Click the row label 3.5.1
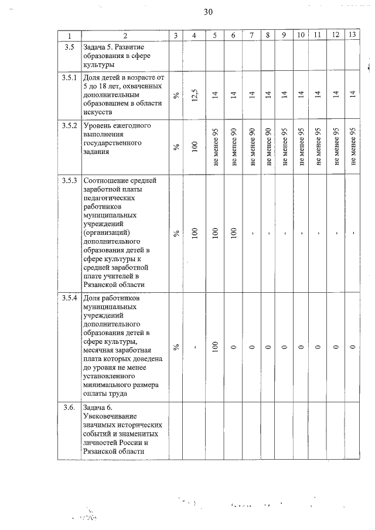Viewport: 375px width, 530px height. (x=70, y=77)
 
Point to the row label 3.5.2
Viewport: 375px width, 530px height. (x=70, y=125)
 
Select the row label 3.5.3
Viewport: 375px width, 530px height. (x=70, y=180)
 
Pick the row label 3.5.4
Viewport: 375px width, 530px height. (x=70, y=299)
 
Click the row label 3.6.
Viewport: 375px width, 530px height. (x=69, y=408)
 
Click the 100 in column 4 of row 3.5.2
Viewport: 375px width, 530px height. (x=195, y=146)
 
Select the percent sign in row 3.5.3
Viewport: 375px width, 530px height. (x=176, y=233)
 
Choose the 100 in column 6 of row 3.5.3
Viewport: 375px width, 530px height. (x=233, y=233)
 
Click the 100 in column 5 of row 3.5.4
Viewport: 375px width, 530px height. (x=215, y=347)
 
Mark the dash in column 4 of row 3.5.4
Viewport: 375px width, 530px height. (x=195, y=347)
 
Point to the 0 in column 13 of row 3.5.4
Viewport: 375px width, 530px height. (x=352, y=347)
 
